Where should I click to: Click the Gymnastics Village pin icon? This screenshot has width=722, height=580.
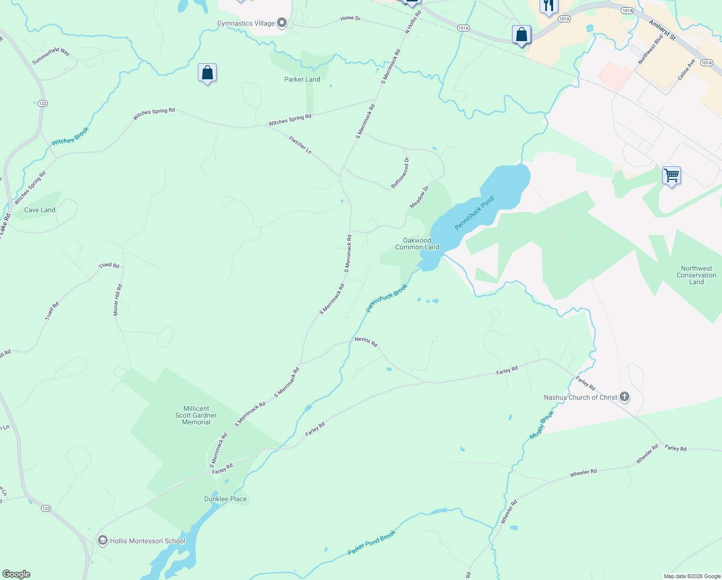tap(282, 23)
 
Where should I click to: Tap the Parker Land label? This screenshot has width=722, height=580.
tap(302, 79)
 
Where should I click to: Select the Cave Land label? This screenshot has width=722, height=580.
tap(40, 210)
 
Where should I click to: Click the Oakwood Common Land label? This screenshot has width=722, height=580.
tap(417, 244)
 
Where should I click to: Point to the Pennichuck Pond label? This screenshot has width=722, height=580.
tap(474, 213)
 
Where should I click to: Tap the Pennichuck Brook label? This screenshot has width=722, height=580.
tap(387, 298)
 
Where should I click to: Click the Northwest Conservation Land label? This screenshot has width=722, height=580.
tap(696, 275)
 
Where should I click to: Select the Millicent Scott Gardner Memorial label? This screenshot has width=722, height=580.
tap(196, 415)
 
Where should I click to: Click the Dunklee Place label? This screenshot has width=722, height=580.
tap(225, 499)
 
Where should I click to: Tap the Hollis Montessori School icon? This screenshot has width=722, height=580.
tap(102, 540)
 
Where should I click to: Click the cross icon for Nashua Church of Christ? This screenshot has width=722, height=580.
tap(625, 397)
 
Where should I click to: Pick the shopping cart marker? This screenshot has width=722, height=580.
tap(671, 175)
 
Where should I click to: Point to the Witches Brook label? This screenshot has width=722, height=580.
tap(70, 136)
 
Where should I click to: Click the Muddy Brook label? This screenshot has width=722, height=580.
tap(542, 425)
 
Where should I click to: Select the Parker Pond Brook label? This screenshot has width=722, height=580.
tap(372, 542)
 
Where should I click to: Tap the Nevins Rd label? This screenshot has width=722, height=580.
tap(366, 342)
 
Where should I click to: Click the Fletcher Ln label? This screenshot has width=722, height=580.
tap(300, 145)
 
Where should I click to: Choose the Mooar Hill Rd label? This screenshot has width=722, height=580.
tap(118, 300)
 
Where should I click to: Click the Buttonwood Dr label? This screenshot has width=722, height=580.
tap(400, 173)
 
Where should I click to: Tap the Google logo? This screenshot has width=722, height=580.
tap(16, 574)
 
